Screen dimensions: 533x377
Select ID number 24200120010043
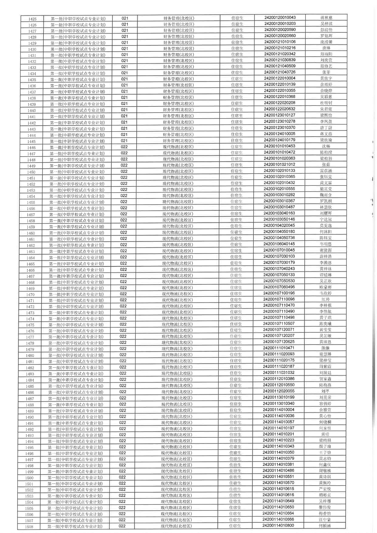click(x=280, y=17)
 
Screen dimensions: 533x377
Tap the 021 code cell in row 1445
click(x=124, y=141)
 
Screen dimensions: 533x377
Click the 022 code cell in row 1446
click(x=124, y=147)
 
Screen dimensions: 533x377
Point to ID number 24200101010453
click(x=279, y=146)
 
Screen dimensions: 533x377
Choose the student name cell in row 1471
click(x=325, y=299)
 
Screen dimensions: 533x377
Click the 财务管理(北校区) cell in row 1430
click(x=179, y=49)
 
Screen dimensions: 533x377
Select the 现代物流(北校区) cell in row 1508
click(x=176, y=526)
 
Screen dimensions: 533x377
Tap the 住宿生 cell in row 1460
click(x=236, y=232)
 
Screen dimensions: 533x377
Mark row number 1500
click(x=29, y=478)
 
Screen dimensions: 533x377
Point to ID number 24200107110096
click(x=279, y=299)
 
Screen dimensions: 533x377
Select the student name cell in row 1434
click(x=326, y=72)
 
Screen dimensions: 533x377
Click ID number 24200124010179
click(x=279, y=140)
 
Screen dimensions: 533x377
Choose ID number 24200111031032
click(x=279, y=373)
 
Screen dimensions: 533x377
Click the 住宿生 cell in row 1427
click(x=237, y=30)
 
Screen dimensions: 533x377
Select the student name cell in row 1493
click(x=325, y=434)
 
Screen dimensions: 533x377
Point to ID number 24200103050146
click(x=279, y=219)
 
